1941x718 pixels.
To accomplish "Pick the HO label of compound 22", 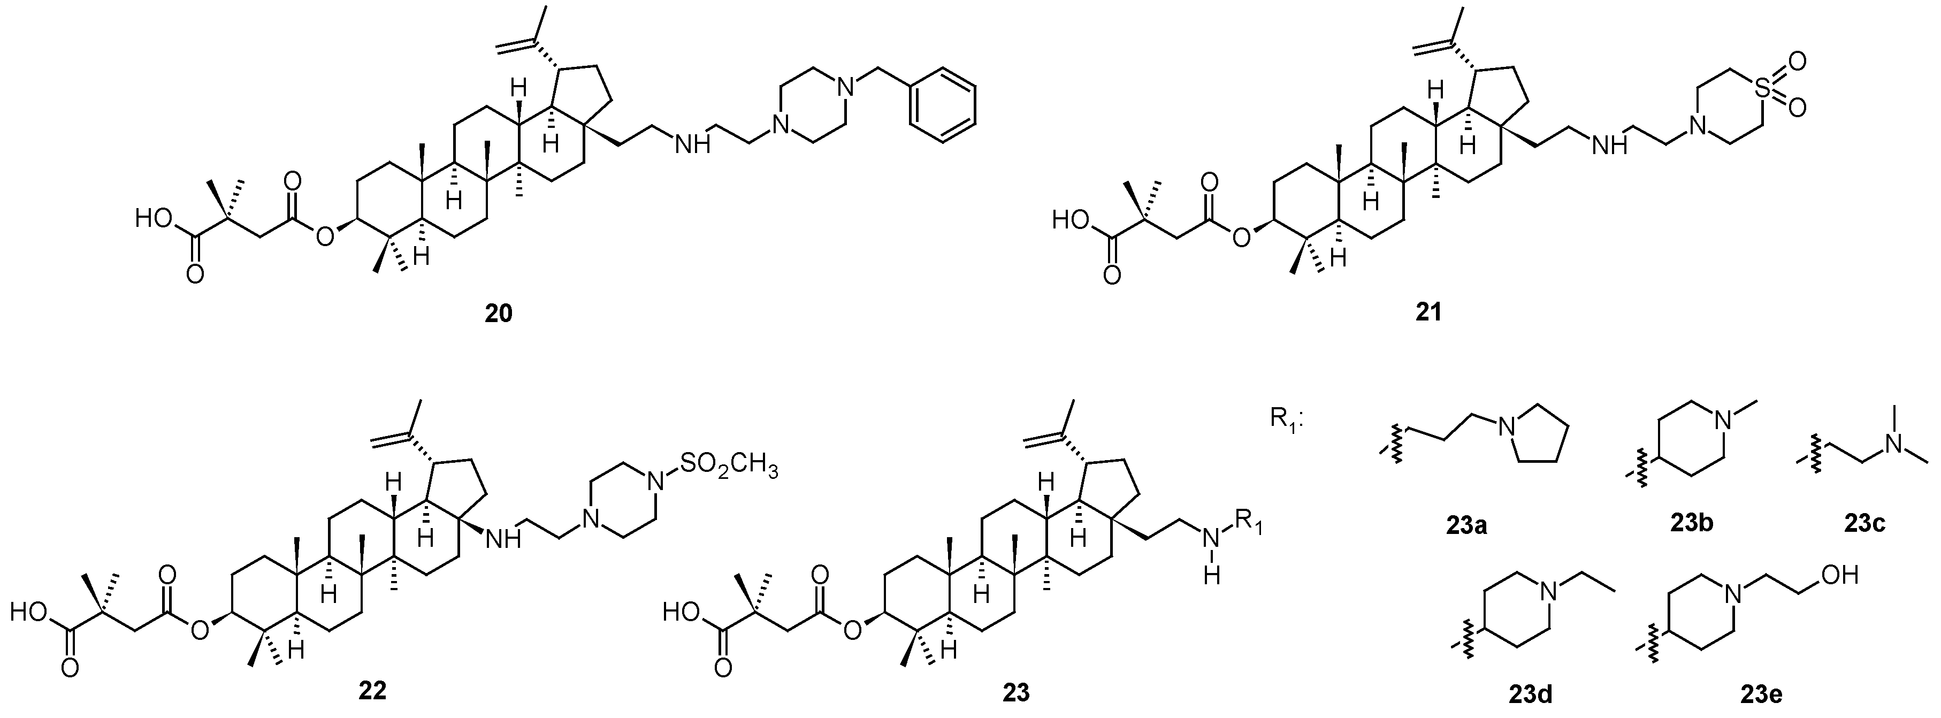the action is [30, 613].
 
